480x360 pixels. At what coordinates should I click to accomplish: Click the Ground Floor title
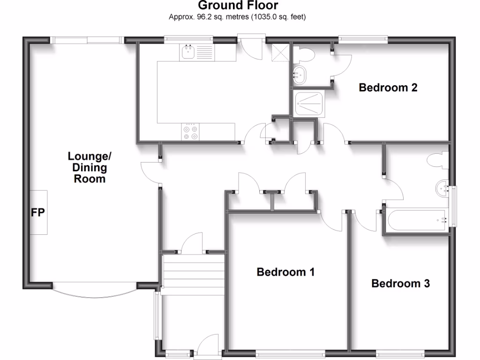238,6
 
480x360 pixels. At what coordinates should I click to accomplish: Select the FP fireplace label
37,213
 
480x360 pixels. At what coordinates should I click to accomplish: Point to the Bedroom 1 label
285,272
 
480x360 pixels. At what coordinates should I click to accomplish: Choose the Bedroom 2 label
388,88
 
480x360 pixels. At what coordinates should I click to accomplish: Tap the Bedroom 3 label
400,284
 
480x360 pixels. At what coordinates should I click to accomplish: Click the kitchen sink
188,52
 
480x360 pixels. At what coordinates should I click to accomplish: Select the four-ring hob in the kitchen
190,132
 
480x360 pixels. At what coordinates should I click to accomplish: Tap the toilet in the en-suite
306,54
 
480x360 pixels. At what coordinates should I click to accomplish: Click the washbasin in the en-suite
299,75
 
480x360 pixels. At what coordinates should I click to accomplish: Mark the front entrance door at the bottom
206,349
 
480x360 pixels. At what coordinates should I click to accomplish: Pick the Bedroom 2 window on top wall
363,40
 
